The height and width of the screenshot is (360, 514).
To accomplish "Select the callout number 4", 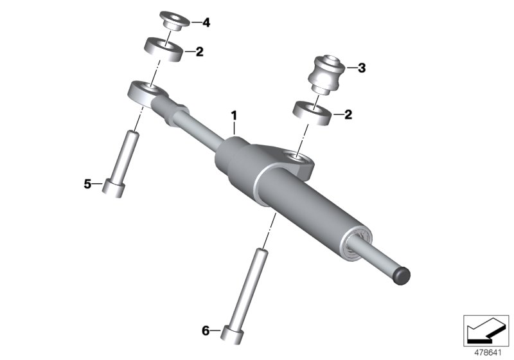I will coord(206,22).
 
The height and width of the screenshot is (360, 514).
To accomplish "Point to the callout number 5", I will coord(87,184).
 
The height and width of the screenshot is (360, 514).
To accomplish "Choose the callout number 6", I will coord(206,331).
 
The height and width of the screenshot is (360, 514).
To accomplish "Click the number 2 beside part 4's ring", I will coord(199,51).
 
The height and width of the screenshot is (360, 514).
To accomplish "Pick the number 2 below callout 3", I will coord(348,115).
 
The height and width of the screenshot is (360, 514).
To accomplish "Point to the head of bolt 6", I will coord(231,337).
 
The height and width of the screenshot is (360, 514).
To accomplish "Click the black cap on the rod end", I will coord(400,274).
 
